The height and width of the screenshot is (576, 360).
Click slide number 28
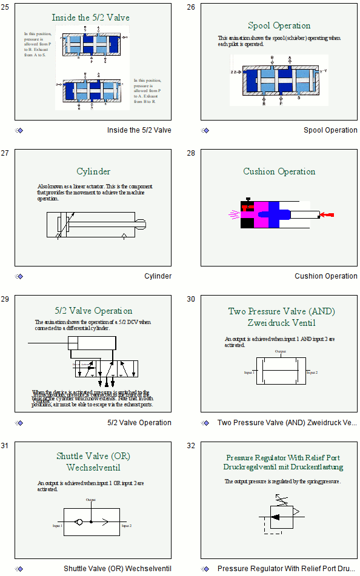[x=191, y=153]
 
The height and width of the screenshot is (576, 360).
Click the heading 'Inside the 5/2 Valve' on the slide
[x=90, y=18]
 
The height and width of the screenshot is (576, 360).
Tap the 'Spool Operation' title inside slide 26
[x=279, y=25]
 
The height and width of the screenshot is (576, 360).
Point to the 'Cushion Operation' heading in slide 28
[x=279, y=171]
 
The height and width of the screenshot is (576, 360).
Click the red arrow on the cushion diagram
[x=327, y=215]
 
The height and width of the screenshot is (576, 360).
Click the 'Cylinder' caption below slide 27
[x=158, y=276]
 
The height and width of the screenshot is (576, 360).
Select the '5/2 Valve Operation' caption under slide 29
[x=139, y=423]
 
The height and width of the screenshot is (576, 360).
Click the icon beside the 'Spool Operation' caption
[x=205, y=130]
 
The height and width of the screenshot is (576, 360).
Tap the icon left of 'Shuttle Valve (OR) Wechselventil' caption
[x=19, y=569]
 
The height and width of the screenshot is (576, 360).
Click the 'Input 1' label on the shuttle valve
[x=58, y=526]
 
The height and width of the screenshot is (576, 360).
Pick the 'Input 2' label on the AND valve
[x=312, y=372]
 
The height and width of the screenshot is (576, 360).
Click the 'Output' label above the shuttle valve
[x=91, y=500]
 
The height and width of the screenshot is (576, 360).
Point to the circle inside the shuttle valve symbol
[x=79, y=521]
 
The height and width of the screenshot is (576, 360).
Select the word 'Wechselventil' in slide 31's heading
[x=93, y=468]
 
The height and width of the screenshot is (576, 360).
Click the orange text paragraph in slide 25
[x=36, y=44]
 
